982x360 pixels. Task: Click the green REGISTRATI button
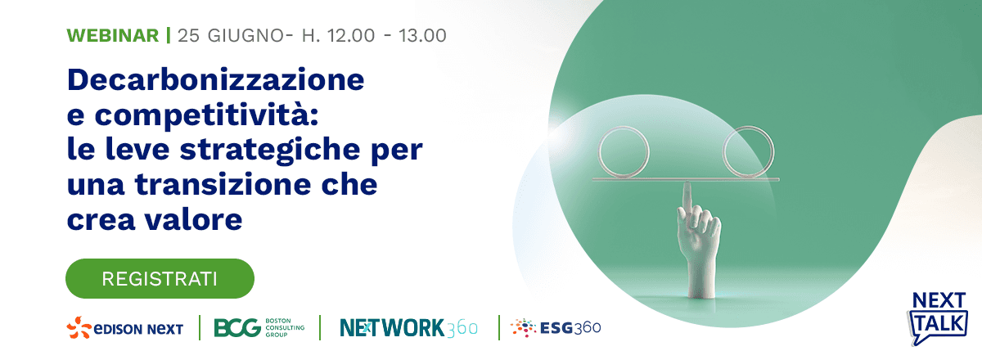160,278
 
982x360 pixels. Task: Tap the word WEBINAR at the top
112,35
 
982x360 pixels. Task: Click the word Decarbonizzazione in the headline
216,80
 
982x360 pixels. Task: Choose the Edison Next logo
125,328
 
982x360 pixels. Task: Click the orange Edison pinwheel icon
79,327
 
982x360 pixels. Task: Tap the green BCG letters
236,328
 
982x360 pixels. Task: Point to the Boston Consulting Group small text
283,328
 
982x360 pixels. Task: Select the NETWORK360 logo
408,328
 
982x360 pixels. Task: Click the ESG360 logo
556,328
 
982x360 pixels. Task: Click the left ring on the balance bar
624,151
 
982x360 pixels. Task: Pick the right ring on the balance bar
748,151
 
